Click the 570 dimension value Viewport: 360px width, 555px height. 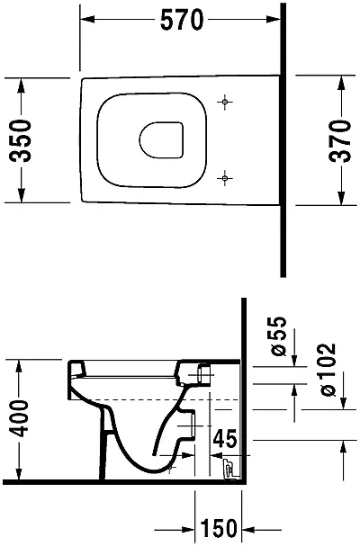tap(182, 20)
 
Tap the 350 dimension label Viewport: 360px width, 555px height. tap(21, 140)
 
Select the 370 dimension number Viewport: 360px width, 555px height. tap(340, 141)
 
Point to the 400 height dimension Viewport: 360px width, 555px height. tap(18, 418)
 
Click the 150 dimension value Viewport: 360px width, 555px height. tap(219, 528)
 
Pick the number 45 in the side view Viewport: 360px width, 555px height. tap(225, 439)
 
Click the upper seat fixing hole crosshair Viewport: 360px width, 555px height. tap(224, 102)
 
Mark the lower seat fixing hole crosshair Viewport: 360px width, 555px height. tap(224, 178)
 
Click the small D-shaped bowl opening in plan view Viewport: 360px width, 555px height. tap(161, 140)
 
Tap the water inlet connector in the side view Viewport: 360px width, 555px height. tap(203, 374)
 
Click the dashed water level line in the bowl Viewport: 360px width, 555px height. tap(166, 399)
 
